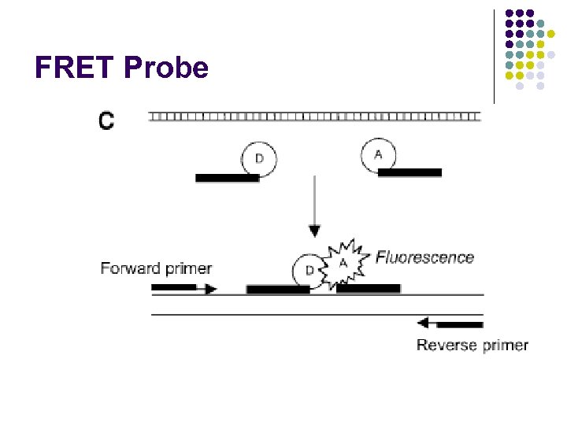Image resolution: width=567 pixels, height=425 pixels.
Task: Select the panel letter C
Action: point(106,120)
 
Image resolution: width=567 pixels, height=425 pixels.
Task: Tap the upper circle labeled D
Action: point(258,159)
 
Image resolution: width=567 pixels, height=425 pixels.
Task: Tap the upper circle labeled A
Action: point(378,155)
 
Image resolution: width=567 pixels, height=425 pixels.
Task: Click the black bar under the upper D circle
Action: point(227,179)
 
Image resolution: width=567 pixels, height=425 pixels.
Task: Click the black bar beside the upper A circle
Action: point(409,172)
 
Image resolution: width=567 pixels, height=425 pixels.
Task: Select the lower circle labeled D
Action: point(309,270)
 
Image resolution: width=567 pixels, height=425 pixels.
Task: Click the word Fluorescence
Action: point(424,257)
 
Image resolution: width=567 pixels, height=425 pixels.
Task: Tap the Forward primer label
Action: point(156,268)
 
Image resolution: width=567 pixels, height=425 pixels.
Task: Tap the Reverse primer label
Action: point(472,345)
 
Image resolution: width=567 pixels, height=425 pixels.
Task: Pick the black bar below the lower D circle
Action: point(277,290)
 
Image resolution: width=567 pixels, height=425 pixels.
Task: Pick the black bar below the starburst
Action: point(368,289)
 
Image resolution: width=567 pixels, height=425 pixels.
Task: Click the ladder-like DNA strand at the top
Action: point(314,116)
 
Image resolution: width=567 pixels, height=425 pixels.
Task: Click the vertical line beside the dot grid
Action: point(494,56)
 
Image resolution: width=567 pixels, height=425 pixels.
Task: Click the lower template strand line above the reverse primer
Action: point(315,315)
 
